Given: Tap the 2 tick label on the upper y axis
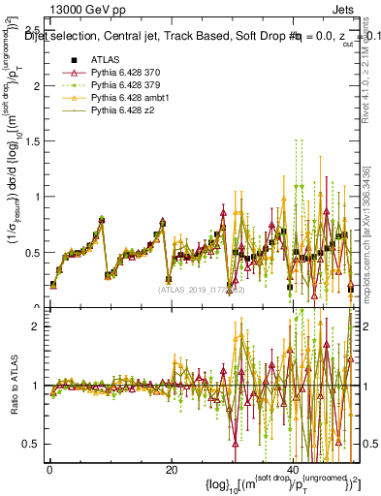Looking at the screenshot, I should pyautogui.click(x=40, y=85).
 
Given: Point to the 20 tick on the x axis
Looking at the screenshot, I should pyautogui.click(x=171, y=469).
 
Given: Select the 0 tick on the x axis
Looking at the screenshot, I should pyautogui.click(x=48, y=469).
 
